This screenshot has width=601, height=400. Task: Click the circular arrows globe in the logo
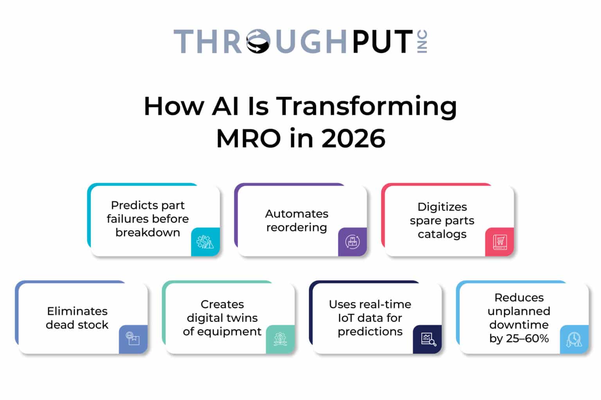tap(258, 41)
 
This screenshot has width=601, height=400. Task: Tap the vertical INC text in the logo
tap(423, 41)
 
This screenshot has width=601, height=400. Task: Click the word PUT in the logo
tap(382, 41)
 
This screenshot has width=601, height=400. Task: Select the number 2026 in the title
tap(353, 138)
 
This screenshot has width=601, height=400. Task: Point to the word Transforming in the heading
tap(367, 106)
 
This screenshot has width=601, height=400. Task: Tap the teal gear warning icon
tap(205, 242)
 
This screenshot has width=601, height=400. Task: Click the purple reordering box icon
tap(352, 242)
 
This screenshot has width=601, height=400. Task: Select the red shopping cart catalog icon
tap(499, 242)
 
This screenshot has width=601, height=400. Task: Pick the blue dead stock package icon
tap(133, 339)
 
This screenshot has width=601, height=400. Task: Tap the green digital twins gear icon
tap(280, 339)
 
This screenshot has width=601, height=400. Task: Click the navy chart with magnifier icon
tap(428, 339)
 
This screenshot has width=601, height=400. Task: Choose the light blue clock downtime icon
tap(574, 339)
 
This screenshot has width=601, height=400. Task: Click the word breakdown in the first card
tap(148, 232)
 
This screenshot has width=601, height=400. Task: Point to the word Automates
tap(297, 214)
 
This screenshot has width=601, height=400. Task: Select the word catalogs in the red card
tap(442, 234)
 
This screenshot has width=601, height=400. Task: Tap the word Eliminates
tap(77, 311)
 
